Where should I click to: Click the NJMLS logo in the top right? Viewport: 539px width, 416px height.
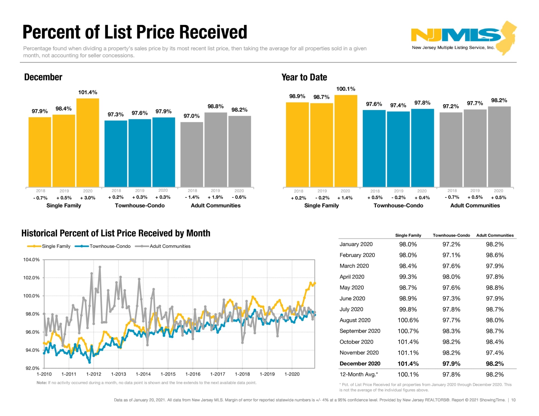(x=463, y=38)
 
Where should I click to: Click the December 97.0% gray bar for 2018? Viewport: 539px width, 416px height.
(x=192, y=154)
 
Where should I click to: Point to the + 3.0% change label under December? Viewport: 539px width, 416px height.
(x=88, y=198)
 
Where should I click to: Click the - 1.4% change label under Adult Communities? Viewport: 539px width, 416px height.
(x=192, y=197)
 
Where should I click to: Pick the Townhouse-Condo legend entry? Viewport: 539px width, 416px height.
(x=110, y=246)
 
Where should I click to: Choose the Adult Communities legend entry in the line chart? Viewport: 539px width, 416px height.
(x=170, y=246)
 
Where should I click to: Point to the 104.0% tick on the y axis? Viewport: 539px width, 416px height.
(x=31, y=260)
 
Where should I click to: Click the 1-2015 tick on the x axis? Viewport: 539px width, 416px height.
(x=168, y=374)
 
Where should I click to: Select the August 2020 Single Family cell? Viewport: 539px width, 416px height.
(x=408, y=320)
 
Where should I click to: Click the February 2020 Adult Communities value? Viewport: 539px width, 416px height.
(x=495, y=255)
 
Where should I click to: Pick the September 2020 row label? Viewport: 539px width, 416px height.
(x=360, y=331)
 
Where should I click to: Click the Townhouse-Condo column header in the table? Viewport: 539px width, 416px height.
(x=451, y=235)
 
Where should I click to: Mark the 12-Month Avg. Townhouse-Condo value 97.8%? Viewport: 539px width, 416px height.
(x=451, y=375)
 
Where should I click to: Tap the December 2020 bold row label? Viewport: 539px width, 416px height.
(x=360, y=364)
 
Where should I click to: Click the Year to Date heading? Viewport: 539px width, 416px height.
(x=304, y=77)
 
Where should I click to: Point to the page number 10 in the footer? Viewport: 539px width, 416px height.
(x=513, y=400)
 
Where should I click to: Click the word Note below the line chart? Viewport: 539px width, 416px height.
(x=42, y=383)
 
